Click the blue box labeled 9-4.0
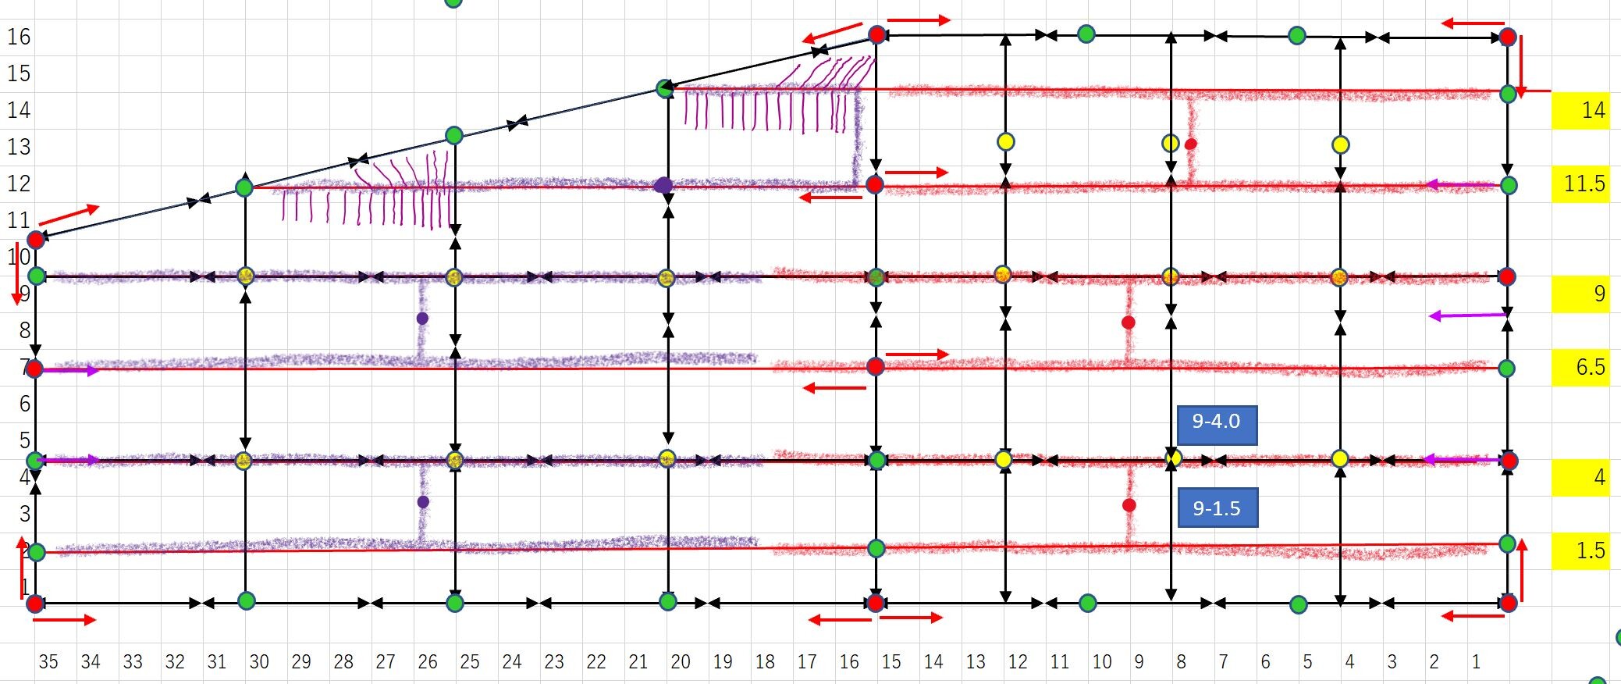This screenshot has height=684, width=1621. tap(1216, 422)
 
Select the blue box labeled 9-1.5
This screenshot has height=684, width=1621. tap(1217, 508)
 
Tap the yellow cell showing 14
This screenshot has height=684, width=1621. tap(1580, 110)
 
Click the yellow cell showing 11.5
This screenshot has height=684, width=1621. tap(1580, 184)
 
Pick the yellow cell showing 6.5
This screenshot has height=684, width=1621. tap(1580, 367)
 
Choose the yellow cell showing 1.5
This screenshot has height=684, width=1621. tap(1580, 550)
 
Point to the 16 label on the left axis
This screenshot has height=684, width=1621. tap(19, 37)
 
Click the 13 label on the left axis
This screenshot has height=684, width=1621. tap(19, 147)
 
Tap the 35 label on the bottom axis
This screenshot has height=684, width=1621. tap(48, 662)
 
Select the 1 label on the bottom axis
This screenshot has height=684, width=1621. tap(1476, 662)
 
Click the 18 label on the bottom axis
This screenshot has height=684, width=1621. tap(765, 662)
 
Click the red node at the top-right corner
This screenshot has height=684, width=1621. tap(1508, 37)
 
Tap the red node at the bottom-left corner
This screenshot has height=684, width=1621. tap(35, 603)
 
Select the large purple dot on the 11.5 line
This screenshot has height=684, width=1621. tap(663, 185)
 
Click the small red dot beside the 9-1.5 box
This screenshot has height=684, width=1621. tap(1129, 505)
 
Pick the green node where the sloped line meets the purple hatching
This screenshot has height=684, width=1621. tap(664, 89)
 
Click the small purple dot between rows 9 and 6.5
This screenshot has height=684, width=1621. tap(422, 319)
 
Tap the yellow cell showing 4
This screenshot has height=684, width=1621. tap(1580, 477)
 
